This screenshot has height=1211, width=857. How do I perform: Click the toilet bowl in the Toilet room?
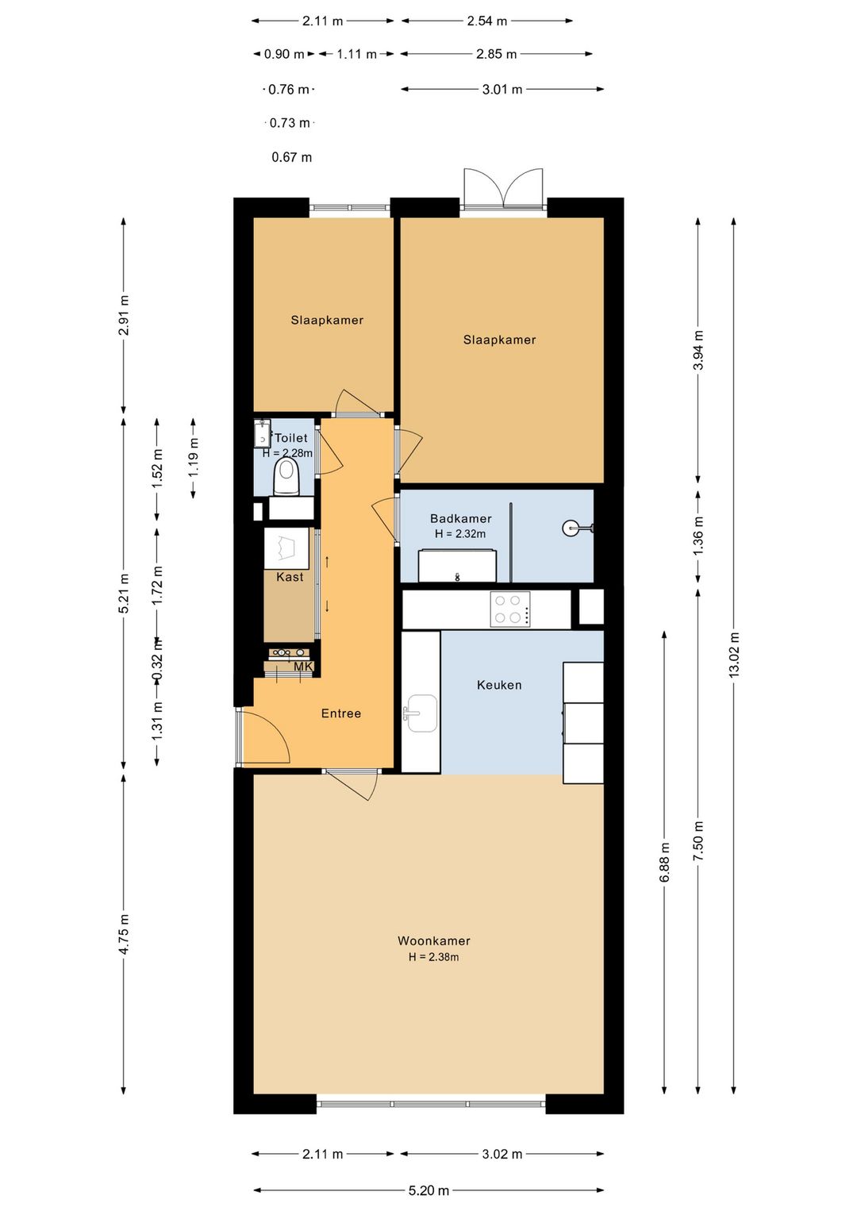286,476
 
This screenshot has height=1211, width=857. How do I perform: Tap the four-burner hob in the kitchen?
509,609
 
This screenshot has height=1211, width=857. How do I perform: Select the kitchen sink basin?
421,713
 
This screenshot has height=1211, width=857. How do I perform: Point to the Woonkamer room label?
433,940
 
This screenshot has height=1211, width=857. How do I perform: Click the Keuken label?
499,685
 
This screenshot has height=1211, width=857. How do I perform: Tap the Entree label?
340,713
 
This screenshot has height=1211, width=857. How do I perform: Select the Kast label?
290,577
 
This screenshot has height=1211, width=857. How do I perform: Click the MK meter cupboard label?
303,667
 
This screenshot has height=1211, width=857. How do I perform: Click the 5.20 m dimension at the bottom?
428,1190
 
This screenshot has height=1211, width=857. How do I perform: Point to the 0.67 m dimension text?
291,157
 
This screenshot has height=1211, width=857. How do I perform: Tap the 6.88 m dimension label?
664,862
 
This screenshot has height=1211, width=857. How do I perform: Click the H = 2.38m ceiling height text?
433,957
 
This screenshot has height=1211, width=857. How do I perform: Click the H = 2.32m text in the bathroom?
460,533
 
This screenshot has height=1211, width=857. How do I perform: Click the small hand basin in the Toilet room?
262,432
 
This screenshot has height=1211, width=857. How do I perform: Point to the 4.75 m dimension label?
124,934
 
